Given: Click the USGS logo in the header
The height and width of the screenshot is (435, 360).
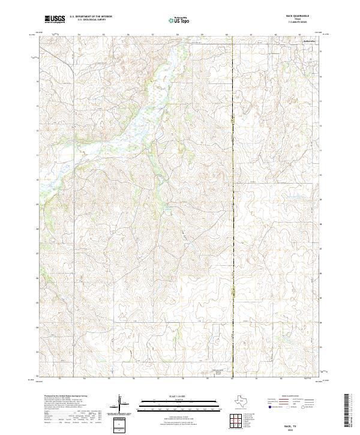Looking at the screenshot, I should [55, 19].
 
